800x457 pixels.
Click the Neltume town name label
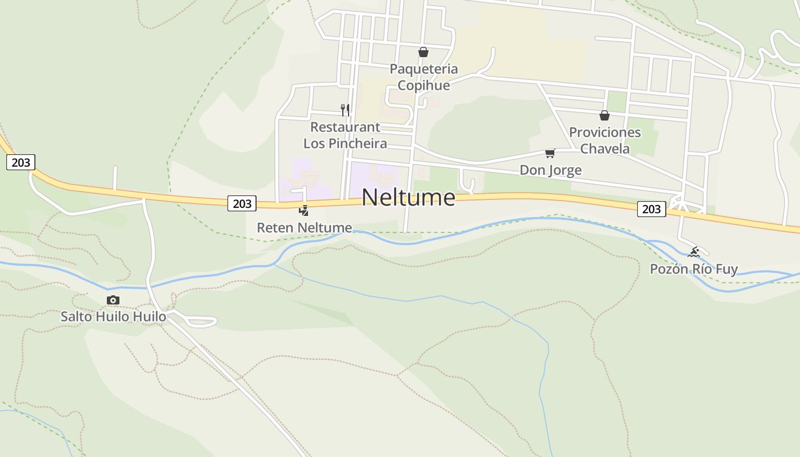click(409, 198)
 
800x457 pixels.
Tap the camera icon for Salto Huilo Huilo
click(113, 300)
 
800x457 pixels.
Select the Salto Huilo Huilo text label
click(113, 316)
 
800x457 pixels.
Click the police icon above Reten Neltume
click(304, 211)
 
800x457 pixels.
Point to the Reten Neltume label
click(304, 228)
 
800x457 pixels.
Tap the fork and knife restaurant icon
click(345, 110)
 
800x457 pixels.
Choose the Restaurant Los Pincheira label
click(345, 135)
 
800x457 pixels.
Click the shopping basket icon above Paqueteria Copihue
click(423, 53)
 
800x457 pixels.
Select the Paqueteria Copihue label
click(423, 77)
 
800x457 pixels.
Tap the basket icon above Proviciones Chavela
click(605, 115)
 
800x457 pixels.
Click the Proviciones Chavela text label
click(605, 141)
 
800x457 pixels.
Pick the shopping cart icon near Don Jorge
click(550, 153)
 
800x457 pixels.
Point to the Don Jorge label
click(550, 170)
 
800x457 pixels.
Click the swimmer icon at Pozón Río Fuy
click(694, 252)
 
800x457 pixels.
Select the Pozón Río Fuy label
click(694, 269)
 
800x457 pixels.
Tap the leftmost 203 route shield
click(21, 163)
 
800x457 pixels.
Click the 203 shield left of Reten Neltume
click(242, 203)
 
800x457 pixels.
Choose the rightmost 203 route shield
click(651, 209)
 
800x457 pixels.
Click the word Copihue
click(423, 86)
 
